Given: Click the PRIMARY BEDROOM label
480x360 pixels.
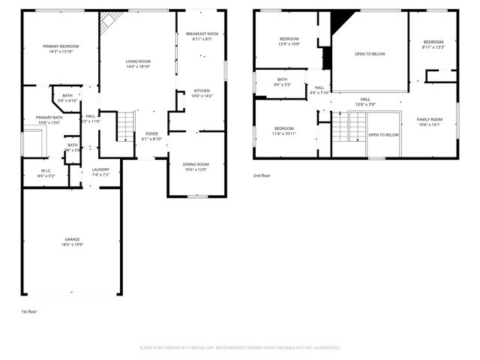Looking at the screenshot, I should click(60, 46).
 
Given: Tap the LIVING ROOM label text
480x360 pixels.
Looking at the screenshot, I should click(137, 61).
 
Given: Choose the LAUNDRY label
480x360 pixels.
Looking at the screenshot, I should click(100, 169).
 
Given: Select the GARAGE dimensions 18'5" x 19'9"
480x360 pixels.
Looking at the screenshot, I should click(72, 244).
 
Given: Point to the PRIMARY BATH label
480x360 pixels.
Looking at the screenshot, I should click(49, 118).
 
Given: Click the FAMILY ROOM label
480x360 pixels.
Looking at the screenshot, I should click(430, 119).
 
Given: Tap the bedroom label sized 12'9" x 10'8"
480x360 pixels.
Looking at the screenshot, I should click(289, 39).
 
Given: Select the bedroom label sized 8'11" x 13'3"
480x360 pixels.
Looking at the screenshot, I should click(433, 42).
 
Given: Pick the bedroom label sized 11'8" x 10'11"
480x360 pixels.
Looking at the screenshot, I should click(284, 128).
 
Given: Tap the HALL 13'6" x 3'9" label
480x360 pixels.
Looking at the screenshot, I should click(365, 100).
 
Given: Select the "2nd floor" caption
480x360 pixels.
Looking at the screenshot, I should click(262, 175).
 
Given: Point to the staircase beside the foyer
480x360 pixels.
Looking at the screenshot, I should click(125, 126).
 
